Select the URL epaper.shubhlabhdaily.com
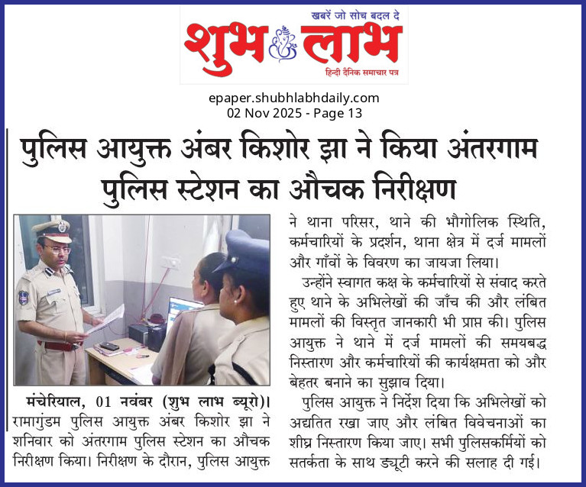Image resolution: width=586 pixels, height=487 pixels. pyautogui.click(x=293, y=98)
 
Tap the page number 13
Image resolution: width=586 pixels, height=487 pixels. pyautogui.click(x=354, y=112)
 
